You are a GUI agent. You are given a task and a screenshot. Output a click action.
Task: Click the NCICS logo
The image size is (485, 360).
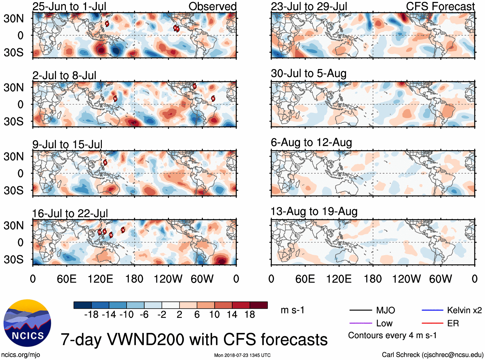click(x=27, y=323)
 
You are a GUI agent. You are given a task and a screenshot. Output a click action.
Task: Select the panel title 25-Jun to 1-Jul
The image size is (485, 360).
click(x=69, y=6)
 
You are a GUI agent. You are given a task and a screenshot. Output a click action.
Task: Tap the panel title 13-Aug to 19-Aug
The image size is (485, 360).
click(x=314, y=212)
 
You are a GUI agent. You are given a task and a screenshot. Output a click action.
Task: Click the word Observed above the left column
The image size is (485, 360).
click(x=212, y=6)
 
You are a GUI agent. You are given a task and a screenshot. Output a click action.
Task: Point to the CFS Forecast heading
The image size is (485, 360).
click(x=440, y=6)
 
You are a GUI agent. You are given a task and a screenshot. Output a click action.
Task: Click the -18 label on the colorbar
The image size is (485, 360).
click(x=91, y=315)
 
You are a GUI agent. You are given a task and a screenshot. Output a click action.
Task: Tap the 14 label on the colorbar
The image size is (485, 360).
click(x=232, y=315)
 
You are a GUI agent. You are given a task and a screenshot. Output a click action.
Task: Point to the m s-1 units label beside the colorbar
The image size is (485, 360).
click(x=292, y=310)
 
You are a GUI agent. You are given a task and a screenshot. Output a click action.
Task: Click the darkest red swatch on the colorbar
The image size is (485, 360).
click(x=259, y=305)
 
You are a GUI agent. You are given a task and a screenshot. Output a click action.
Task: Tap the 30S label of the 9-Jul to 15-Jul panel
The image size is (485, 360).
click(x=13, y=190)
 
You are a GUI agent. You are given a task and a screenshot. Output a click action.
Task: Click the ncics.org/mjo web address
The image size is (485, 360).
click(x=21, y=355)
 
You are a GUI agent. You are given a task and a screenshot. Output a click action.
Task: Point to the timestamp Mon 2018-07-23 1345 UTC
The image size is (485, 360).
click(x=242, y=355)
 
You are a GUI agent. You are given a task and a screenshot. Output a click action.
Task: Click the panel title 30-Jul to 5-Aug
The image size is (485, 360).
click(x=308, y=74)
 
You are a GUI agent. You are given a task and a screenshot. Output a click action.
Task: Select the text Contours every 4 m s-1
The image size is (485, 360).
click(x=392, y=336)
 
